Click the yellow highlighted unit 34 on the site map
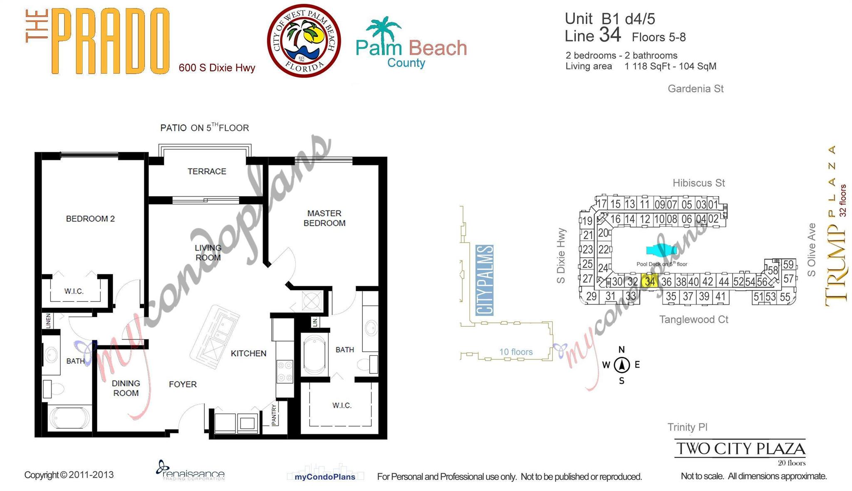[649, 281]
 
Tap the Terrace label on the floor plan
[207, 171]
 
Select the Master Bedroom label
[324, 218]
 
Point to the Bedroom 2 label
[90, 219]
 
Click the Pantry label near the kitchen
[274, 415]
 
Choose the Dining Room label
[126, 388]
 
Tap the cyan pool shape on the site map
[661, 250]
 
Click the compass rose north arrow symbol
[622, 365]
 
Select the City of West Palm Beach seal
[304, 41]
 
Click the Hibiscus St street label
[699, 183]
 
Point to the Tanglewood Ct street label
[693, 319]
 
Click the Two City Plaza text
[741, 449]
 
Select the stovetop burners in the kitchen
[285, 371]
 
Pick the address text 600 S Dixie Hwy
[217, 68]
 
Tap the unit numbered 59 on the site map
[788, 264]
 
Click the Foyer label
[183, 384]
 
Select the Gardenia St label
[696, 89]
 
